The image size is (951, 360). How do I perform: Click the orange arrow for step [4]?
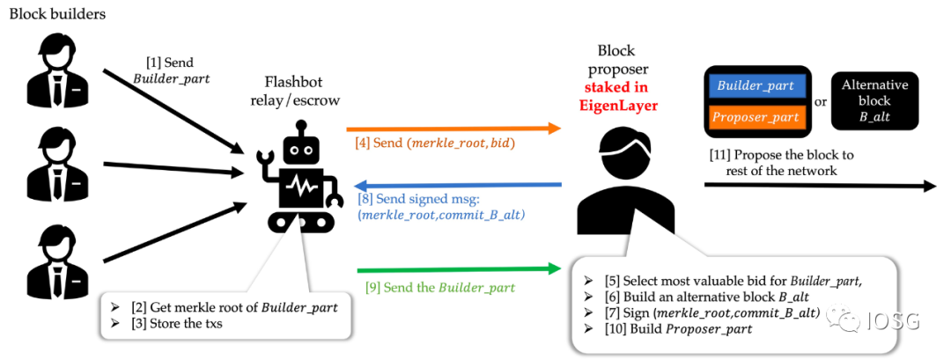coord(453,129)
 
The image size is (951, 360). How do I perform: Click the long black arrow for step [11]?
coord(819,187)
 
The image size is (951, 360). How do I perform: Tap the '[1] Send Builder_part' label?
coord(168,70)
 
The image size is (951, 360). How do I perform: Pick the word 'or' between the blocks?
coord(820,102)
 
